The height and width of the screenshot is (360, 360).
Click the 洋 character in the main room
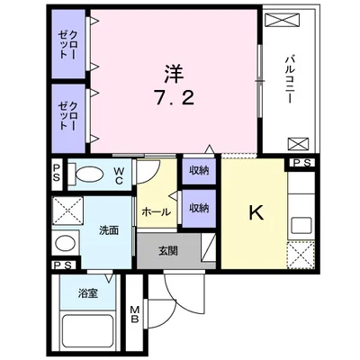[173, 69]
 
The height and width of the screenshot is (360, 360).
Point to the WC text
[119, 174]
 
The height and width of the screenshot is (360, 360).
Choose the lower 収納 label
[199, 207]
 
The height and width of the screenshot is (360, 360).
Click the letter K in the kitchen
[255, 214]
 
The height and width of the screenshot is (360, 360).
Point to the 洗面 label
[109, 230]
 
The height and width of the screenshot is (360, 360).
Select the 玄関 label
[169, 250]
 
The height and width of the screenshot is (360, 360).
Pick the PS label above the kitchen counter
[301, 164]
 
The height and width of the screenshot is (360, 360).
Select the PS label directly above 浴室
[62, 266]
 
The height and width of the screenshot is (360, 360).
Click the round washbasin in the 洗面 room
[63, 243]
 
